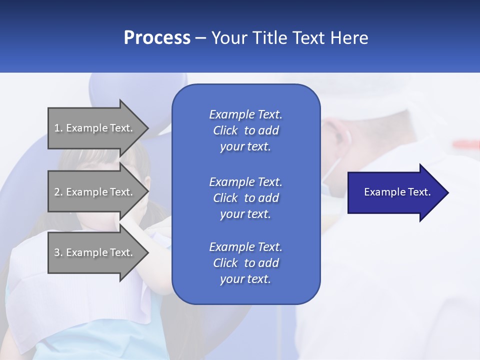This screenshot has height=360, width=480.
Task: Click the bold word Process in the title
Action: pos(157,38)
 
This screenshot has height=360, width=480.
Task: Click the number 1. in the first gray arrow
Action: pos(58,128)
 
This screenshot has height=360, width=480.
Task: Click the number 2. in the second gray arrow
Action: pos(58,192)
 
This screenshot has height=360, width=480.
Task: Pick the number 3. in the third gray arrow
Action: pos(58,252)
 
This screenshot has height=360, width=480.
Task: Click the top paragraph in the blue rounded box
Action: pos(245,130)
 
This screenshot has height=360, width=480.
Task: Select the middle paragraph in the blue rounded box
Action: pos(245,197)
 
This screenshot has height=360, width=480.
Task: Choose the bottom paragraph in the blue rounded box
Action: pos(245,263)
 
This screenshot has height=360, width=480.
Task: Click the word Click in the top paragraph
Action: pos(225,130)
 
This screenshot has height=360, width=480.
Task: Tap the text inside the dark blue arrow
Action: pos(397,192)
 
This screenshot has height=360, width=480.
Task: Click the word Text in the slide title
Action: pos(306,38)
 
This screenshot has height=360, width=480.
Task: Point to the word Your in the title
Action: pos(227,38)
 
